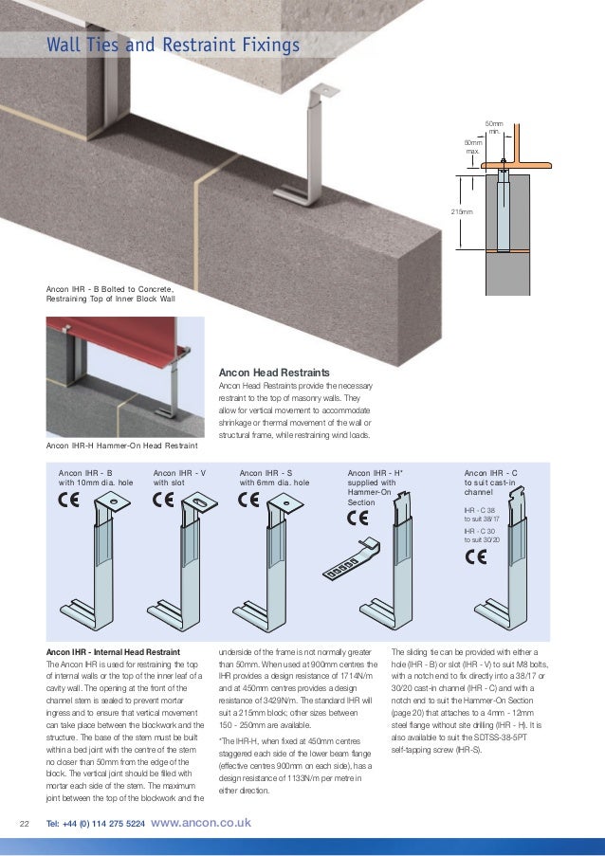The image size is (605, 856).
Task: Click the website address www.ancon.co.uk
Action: pyautogui.click(x=201, y=823)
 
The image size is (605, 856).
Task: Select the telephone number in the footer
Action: pyautogui.click(x=95, y=823)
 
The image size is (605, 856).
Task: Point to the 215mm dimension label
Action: pyautogui.click(x=461, y=212)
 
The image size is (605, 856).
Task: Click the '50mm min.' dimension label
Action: pyautogui.click(x=493, y=128)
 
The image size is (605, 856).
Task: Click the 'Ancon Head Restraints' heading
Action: pyautogui.click(x=274, y=373)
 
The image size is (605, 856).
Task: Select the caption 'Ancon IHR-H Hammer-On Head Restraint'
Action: pyautogui.click(x=121, y=444)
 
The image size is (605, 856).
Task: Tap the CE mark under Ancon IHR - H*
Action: pyautogui.click(x=358, y=519)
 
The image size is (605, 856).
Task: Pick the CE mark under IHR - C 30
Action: pyautogui.click(x=474, y=556)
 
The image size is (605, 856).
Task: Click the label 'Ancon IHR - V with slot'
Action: pyautogui.click(x=179, y=477)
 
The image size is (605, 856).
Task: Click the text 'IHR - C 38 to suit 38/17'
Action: pyautogui.click(x=481, y=515)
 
